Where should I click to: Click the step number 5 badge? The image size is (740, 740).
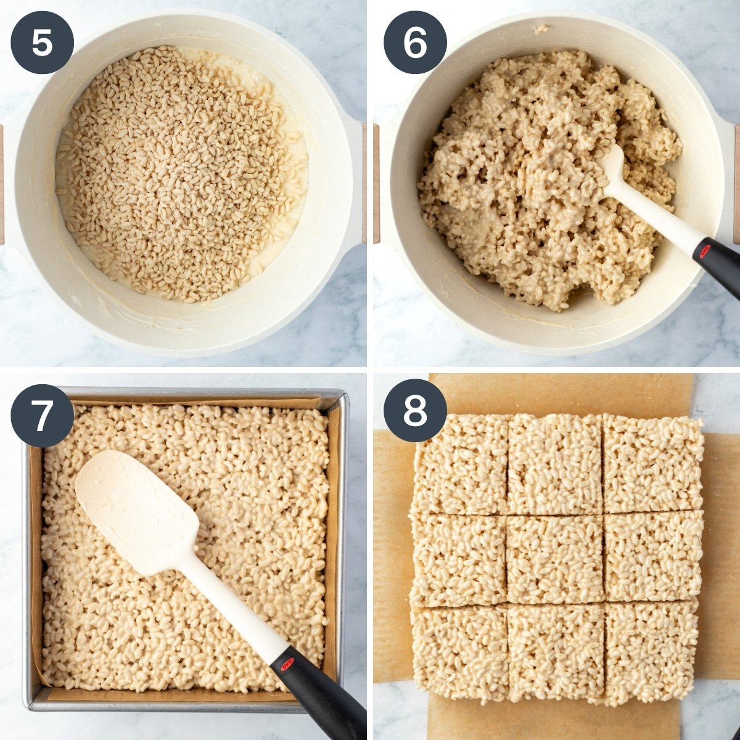click(43, 43)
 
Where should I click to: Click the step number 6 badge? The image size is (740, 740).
click(415, 43)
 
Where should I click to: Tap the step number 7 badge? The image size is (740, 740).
click(43, 416)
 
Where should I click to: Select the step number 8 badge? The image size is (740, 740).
click(415, 411)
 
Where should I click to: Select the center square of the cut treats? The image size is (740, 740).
click(555, 559)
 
